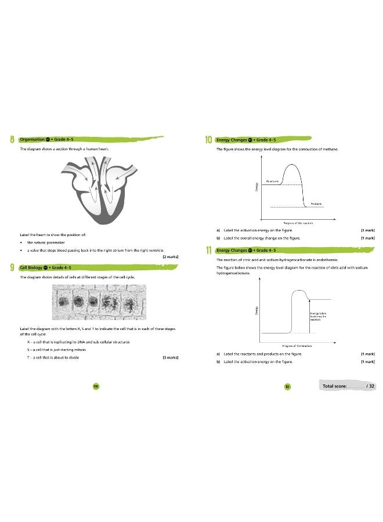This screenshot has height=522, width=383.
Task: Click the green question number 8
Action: click(12, 140)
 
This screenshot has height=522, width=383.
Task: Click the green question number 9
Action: click(12, 267)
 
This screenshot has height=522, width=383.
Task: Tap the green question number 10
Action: click(209, 140)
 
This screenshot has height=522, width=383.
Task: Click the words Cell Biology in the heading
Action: click(30, 267)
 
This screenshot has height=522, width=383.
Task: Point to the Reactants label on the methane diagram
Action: click(273, 181)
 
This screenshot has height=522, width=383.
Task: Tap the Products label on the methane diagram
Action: click(316, 204)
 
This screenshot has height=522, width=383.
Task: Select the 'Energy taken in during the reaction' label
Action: click(318, 316)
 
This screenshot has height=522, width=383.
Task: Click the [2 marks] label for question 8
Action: click(171, 256)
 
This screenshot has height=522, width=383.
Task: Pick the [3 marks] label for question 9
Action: click(171, 358)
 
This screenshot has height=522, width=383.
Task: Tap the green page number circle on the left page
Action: click(96, 386)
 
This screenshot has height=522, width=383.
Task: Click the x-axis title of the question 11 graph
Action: click(298, 346)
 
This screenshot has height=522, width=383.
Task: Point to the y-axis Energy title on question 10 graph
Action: click(256, 187)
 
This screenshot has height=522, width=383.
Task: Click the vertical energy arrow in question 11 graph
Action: click(308, 316)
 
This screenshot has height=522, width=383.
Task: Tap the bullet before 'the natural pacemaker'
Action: click(21, 242)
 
